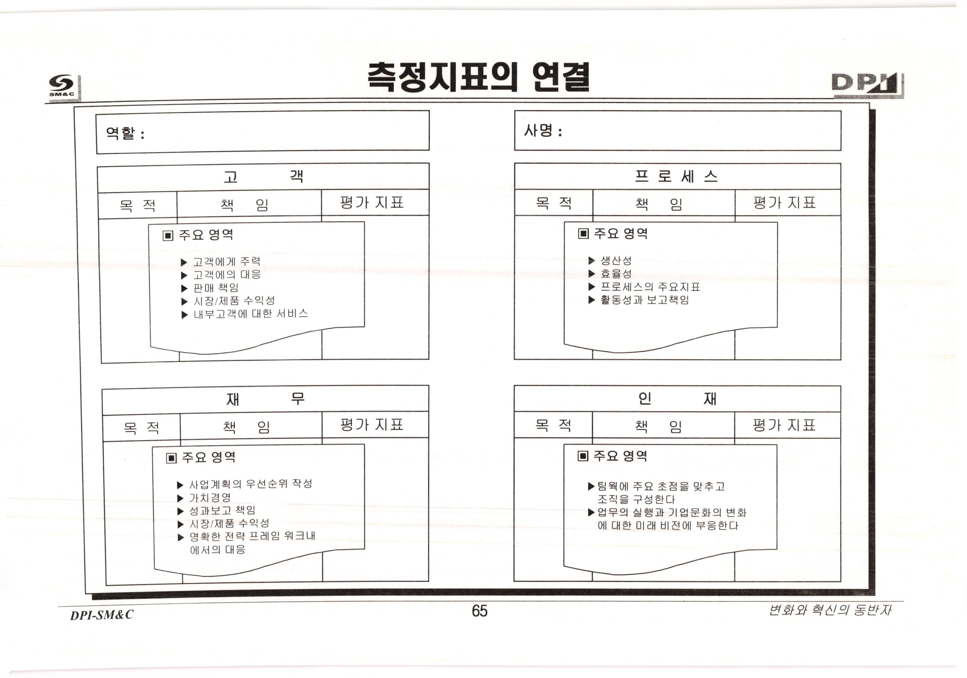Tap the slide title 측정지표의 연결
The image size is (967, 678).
click(x=478, y=77)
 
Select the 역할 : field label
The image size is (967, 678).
click(x=125, y=134)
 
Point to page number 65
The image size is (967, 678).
click(x=479, y=611)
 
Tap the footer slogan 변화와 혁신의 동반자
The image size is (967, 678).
click(x=829, y=610)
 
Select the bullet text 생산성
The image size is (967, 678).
click(x=616, y=260)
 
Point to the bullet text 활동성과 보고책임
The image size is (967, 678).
click(x=644, y=300)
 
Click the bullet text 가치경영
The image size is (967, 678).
click(x=210, y=498)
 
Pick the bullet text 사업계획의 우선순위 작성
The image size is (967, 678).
click(x=250, y=484)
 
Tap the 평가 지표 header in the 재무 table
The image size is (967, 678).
click(x=371, y=425)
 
